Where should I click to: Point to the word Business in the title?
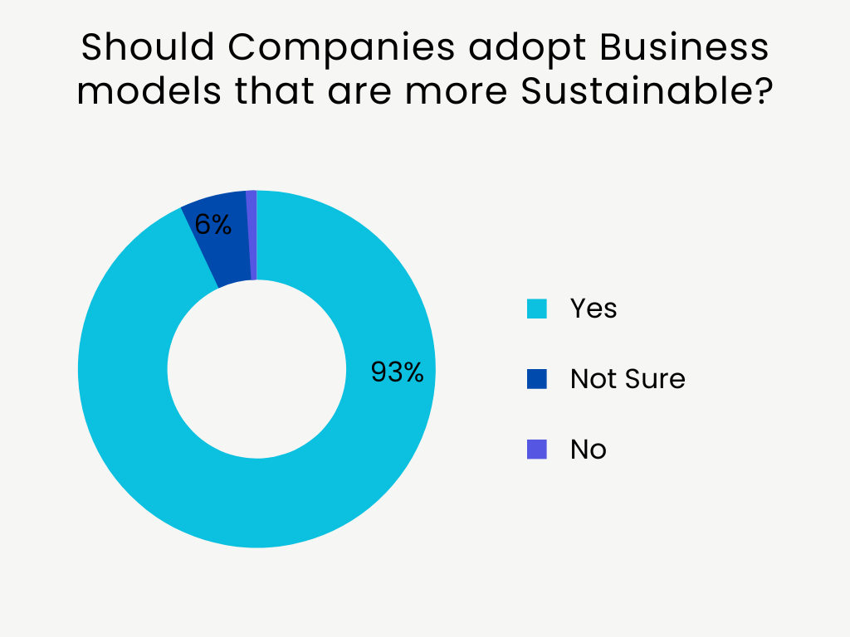[685, 49]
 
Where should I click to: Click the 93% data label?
[397, 372]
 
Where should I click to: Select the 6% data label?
[212, 224]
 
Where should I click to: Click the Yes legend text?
[594, 309]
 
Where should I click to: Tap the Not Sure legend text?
[628, 379]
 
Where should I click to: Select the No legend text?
[588, 450]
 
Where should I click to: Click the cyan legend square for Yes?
[537, 309]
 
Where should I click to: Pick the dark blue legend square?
[537, 379]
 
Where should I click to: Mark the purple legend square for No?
[537, 450]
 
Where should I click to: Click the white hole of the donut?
[256, 369]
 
